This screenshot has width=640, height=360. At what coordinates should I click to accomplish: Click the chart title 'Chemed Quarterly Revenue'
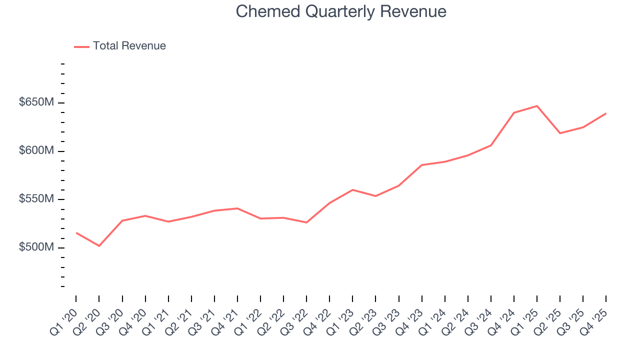(340, 11)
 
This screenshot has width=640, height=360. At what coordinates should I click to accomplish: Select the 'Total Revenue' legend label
(129, 46)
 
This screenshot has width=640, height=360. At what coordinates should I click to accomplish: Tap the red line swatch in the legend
(81, 46)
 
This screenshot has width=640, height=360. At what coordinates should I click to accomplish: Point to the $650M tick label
(36, 102)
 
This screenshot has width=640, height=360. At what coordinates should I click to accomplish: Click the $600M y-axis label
(36, 150)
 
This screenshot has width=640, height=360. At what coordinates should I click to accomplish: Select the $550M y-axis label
(36, 199)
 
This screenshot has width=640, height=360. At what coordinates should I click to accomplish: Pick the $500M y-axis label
(36, 247)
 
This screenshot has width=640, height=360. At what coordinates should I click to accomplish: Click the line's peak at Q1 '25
(537, 106)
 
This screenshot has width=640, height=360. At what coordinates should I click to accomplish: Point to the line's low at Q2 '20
(99, 246)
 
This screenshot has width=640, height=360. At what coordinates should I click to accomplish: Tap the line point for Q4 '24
(514, 113)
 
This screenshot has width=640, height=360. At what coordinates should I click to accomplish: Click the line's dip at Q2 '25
(560, 133)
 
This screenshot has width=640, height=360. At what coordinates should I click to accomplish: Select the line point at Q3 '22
(306, 222)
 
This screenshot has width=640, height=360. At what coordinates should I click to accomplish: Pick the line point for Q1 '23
(352, 190)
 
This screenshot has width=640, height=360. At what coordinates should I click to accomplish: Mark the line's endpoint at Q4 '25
(606, 113)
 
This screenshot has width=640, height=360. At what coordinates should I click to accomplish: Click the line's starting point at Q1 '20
(76, 232)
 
